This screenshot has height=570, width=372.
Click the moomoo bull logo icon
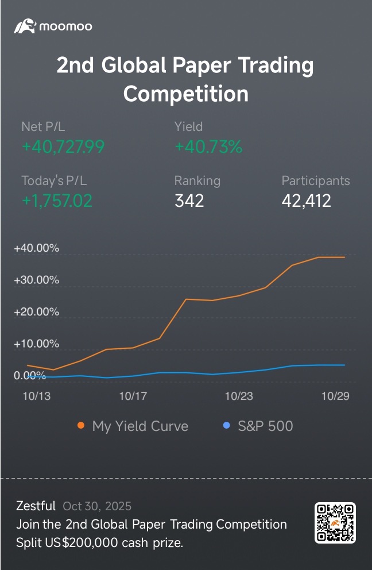pos(25,26)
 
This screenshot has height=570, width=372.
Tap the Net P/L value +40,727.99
pos(63,147)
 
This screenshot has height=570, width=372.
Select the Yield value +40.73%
pos(208,147)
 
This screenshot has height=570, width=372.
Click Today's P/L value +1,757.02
pos(57,201)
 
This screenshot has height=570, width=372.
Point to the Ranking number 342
pos(189,201)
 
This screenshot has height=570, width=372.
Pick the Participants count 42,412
pos(306,201)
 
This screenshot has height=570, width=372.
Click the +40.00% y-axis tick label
pos(37,248)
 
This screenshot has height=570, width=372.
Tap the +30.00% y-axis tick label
pos(37,280)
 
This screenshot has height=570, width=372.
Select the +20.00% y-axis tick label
pos(37,312)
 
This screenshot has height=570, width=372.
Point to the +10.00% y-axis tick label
pos(37,344)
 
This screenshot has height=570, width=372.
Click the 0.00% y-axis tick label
pos(30,375)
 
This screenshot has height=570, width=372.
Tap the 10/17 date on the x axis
pos(133,396)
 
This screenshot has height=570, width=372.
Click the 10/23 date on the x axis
pos(238,396)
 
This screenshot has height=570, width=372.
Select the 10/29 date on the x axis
pos(335,396)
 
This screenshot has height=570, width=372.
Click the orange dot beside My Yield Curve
pos(81,426)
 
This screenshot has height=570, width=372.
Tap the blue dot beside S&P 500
pos(226,426)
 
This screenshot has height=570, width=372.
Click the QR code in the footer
pos(335,522)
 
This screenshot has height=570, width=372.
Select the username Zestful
pos(36,506)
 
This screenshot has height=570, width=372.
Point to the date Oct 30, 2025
pos(97,506)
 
